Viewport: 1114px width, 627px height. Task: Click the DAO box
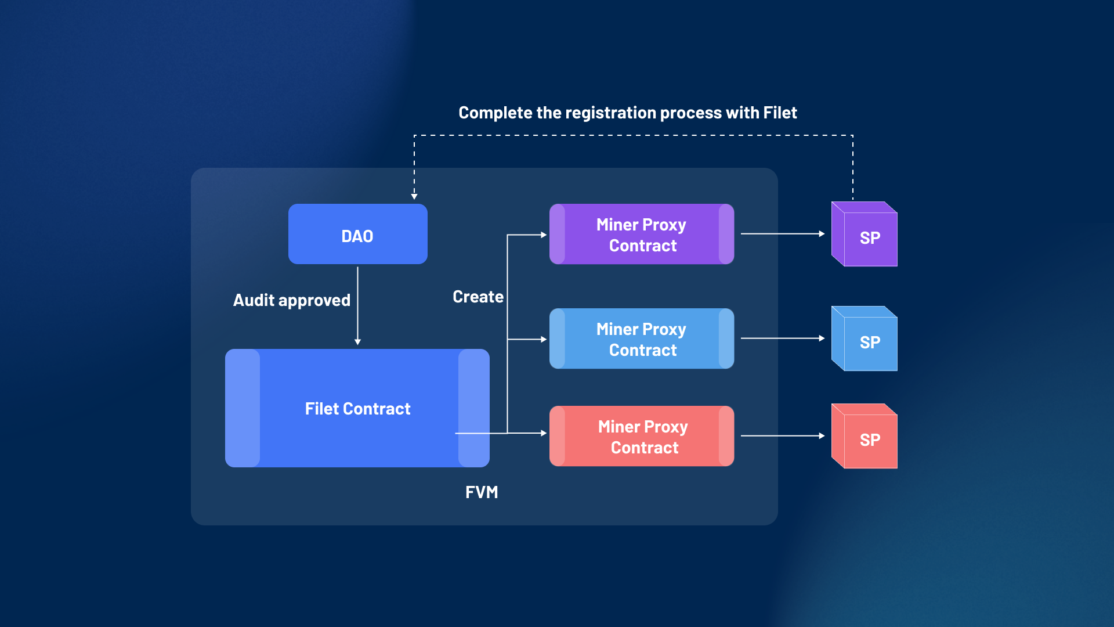(357, 235)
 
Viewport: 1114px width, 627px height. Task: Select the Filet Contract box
(357, 409)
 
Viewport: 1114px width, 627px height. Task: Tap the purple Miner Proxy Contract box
(641, 235)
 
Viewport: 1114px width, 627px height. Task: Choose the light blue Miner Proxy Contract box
(641, 339)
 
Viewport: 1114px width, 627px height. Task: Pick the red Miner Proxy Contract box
(641, 437)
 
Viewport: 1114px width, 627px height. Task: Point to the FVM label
(482, 492)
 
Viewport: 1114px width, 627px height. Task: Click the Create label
(478, 297)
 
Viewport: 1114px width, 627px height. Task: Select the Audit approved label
(291, 300)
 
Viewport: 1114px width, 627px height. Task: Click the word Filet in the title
(780, 113)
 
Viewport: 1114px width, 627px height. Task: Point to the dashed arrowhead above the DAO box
(414, 196)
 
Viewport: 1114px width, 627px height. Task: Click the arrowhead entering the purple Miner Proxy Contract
(544, 235)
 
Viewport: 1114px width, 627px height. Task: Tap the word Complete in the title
(495, 113)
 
